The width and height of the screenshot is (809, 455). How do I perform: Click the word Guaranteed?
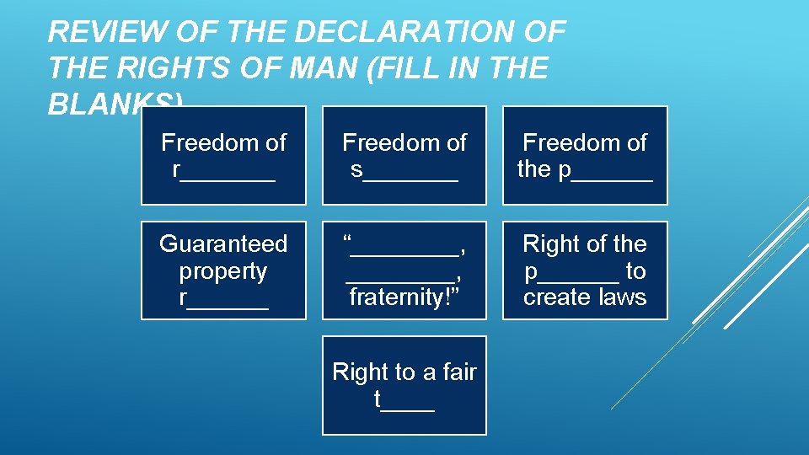[223, 244]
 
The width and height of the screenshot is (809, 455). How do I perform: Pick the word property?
[223, 271]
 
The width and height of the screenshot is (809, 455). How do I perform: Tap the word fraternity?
[404, 297]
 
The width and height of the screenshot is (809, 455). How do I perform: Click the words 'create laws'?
[585, 297]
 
